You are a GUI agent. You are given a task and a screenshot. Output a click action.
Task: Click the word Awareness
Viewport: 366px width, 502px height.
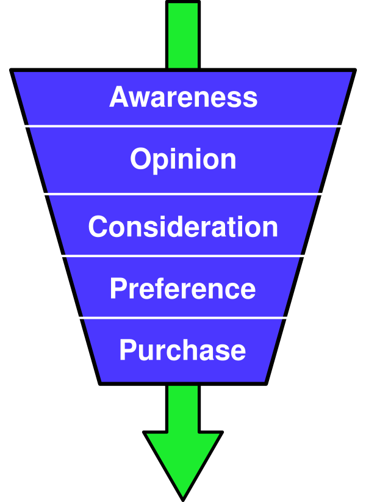(183, 98)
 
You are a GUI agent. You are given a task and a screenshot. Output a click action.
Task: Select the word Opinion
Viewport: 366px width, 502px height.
(183, 160)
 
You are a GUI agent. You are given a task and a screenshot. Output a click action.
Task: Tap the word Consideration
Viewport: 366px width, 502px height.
(183, 227)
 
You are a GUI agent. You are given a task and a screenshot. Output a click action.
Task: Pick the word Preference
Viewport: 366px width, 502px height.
(183, 289)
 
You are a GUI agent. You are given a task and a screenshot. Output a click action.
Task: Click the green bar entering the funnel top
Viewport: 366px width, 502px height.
(183, 35)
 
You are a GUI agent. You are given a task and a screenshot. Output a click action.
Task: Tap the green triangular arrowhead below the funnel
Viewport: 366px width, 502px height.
(183, 458)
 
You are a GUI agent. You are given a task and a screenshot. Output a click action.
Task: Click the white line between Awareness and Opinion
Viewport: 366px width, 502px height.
(183, 126)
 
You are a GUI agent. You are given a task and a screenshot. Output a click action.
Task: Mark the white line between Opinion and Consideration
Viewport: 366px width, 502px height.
(183, 194)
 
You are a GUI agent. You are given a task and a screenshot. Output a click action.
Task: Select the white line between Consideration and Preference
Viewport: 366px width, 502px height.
(183, 256)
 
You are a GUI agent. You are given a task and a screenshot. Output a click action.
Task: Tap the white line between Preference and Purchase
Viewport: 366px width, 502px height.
(183, 318)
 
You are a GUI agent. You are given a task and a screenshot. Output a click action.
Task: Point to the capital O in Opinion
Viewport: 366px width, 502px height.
(140, 159)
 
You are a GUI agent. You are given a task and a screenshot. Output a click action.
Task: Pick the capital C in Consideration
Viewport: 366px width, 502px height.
(98, 227)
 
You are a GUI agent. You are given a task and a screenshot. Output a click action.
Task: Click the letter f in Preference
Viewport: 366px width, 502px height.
(160, 288)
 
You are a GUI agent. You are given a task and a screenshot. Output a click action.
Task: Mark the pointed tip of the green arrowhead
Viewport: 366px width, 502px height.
(183, 495)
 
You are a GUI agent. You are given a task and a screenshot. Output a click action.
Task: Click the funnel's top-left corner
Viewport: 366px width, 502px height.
(15, 73)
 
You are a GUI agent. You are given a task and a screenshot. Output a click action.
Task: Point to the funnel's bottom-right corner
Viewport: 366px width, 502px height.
(264, 380)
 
